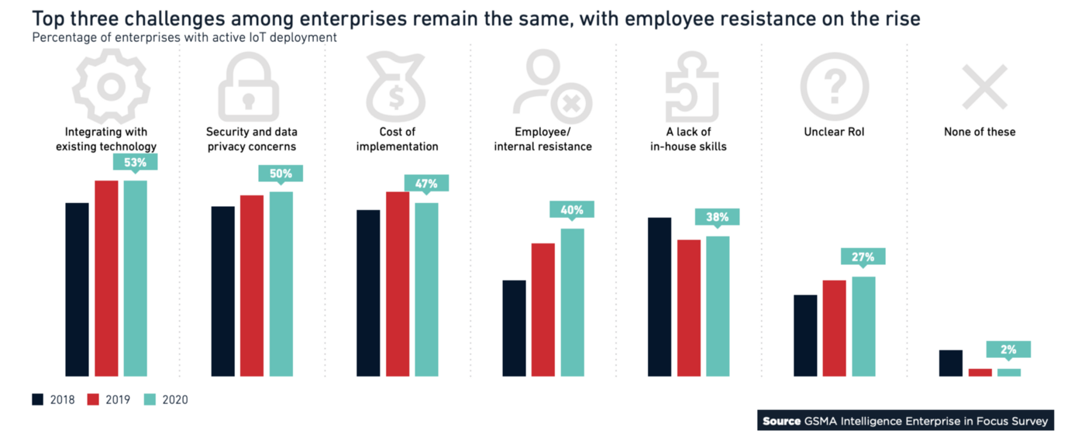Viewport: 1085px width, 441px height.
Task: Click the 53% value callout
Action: [136, 162]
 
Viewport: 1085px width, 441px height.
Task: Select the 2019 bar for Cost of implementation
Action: [398, 284]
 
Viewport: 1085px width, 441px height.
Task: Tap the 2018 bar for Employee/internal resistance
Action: [514, 328]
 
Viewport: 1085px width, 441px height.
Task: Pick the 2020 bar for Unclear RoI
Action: [863, 326]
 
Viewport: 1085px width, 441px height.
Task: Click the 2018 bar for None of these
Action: [950, 363]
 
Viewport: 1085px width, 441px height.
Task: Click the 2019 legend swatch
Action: [94, 400]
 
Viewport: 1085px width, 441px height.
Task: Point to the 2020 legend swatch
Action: [150, 400]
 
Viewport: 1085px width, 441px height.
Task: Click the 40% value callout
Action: [572, 209]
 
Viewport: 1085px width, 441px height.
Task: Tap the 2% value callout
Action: [1008, 350]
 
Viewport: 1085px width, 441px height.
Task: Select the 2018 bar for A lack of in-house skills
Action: [660, 297]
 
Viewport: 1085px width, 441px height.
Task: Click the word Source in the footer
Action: [781, 422]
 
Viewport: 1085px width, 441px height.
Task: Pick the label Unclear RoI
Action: [834, 132]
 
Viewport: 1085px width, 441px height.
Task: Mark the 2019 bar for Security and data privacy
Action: [252, 285]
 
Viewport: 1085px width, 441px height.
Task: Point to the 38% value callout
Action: [717, 217]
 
